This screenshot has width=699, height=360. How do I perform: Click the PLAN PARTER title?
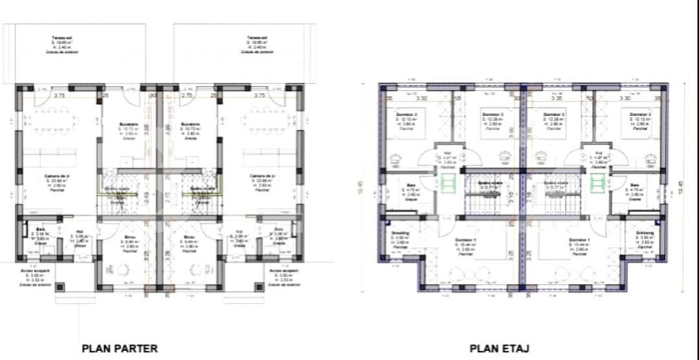pyautogui.click(x=120, y=348)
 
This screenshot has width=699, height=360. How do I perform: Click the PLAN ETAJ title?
pyautogui.click(x=500, y=348)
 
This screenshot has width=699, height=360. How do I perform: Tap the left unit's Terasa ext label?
pyautogui.click(x=61, y=38)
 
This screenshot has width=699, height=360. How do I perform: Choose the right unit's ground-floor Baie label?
pyautogui.click(x=279, y=230)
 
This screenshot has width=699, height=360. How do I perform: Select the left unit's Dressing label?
pyautogui.click(x=400, y=232)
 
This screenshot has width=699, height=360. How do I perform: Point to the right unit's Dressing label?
pyautogui.click(x=645, y=232)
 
